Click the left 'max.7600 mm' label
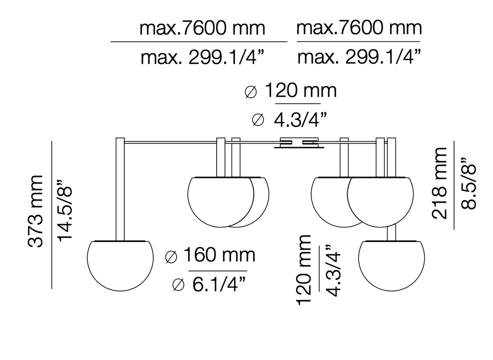click(202, 28)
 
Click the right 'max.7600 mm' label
click(359, 27)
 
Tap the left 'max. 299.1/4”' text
click(202, 57)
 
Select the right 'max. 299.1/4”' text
click(359, 57)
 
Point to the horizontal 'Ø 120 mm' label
click(290, 91)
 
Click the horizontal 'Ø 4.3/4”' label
click(289, 120)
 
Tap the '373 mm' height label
click(35, 211)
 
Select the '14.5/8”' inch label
click(65, 211)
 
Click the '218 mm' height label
click(439, 183)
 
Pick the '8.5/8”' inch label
click(468, 183)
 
